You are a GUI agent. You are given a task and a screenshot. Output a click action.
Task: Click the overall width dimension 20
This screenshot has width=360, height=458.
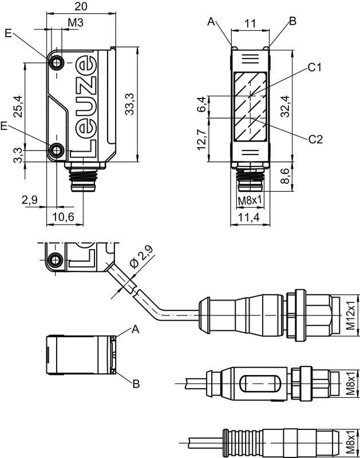pyautogui.click(x=81, y=6)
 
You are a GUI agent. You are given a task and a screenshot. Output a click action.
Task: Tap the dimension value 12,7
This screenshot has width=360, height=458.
pyautogui.click(x=201, y=140)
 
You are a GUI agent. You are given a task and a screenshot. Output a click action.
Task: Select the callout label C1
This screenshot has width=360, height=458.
pyautogui.click(x=315, y=68)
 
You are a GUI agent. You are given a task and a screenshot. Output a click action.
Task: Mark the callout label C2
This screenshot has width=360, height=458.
pyautogui.click(x=315, y=139)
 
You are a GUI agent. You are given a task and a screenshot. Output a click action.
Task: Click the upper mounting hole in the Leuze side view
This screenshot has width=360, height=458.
pyautogui.click(x=57, y=62)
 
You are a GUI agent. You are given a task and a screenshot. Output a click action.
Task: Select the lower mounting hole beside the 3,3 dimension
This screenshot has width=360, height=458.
pyautogui.click(x=57, y=151)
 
